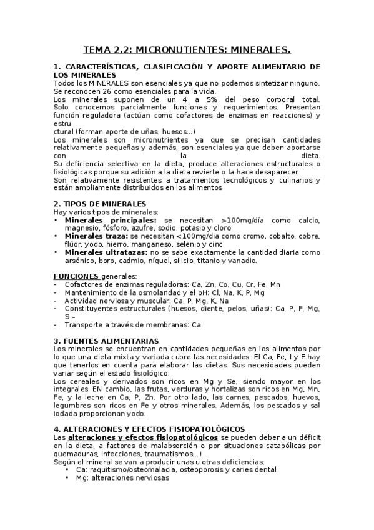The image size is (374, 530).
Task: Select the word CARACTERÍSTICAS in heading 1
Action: pos(102,66)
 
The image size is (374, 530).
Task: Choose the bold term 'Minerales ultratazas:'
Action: pos(108,252)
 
